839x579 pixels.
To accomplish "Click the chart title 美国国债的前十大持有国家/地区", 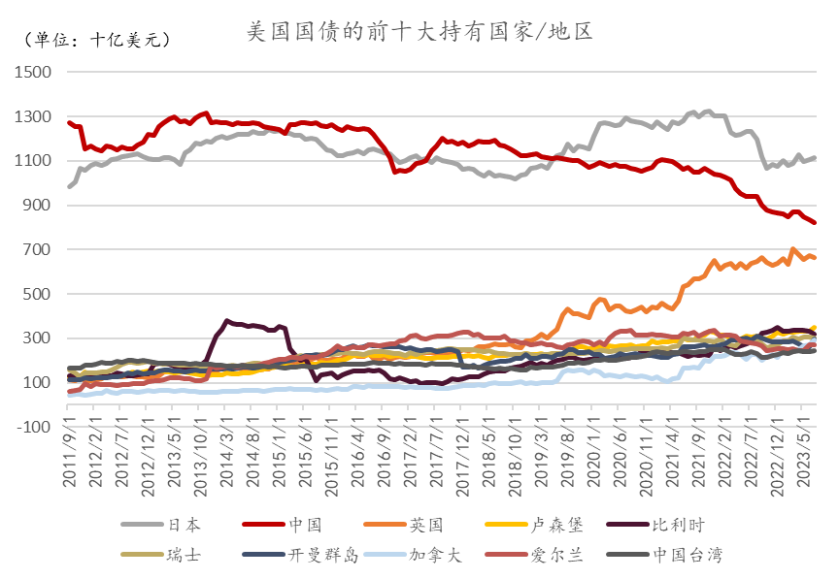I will (419, 31).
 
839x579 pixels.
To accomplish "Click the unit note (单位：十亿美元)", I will (95, 41).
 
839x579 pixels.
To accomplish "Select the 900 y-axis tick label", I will (37, 206).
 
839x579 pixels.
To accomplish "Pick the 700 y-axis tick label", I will (37, 250).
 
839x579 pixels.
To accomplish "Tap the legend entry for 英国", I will (425, 525).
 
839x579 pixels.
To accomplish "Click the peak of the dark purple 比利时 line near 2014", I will (227, 320).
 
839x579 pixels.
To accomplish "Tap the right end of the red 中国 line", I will (815, 223).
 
